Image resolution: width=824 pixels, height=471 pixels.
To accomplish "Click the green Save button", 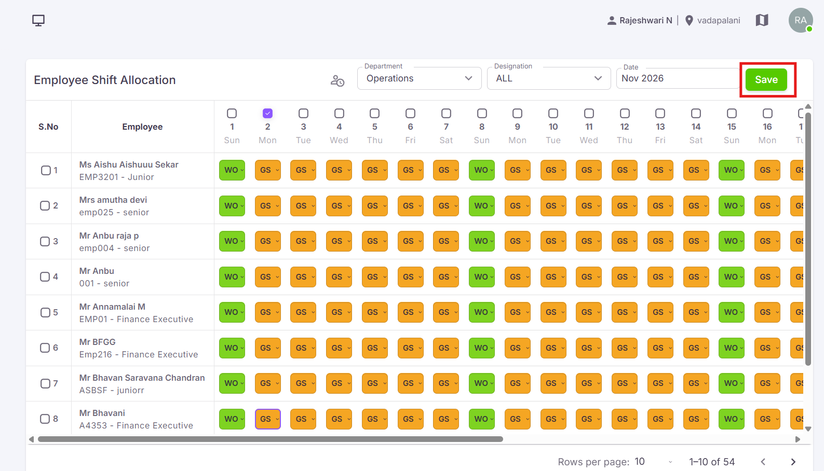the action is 766,80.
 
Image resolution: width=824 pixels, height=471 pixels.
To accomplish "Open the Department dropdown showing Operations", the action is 420,78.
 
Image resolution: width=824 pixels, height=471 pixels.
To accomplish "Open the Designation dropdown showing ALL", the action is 549,78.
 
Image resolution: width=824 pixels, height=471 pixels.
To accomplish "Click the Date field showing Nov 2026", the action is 678,78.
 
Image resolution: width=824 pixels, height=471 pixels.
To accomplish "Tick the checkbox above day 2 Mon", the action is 267,114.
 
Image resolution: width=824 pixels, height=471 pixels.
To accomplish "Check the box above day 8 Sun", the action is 482,114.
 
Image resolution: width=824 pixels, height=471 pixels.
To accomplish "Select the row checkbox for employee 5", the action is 45,312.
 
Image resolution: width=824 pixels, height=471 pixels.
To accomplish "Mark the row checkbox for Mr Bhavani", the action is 45,419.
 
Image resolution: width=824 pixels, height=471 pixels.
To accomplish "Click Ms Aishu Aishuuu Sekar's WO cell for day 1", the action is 232,170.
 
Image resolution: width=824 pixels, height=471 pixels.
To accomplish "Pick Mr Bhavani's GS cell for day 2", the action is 268,419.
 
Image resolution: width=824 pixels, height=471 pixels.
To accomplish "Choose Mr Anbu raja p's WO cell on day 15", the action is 732,241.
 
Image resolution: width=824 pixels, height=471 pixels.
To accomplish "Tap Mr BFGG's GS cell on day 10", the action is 553,348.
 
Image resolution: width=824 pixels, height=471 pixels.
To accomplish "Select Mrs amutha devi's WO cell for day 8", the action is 482,206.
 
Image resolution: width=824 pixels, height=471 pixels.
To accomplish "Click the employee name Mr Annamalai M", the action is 112,307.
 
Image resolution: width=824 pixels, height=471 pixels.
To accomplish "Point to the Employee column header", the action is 142,127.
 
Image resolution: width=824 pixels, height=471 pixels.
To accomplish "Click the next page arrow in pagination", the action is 793,462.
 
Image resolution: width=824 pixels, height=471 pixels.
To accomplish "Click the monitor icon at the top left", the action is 38,21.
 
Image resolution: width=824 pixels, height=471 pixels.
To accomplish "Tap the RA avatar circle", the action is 801,20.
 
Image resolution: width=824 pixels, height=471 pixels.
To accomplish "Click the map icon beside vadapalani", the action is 762,20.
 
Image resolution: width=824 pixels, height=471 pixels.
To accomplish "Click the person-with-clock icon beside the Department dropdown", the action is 337,80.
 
